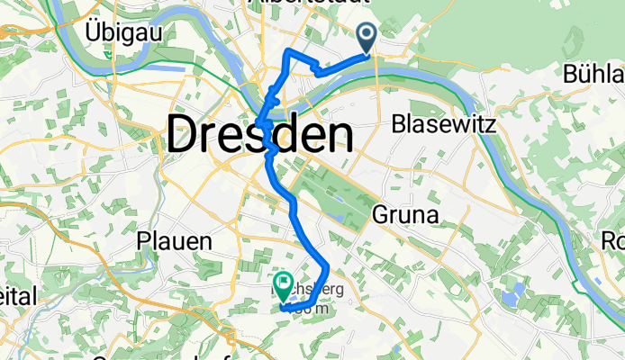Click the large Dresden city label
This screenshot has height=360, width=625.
coord(259,137)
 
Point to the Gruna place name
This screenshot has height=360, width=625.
coord(404,216)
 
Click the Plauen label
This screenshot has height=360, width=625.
coord(174,241)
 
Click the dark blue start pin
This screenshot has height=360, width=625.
coord(368,37)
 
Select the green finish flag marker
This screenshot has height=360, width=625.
coord(284,286)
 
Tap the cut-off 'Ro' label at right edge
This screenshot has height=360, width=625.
coord(613,241)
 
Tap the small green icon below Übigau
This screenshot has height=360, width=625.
coord(108,54)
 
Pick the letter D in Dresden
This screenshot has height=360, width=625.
coord(185,137)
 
